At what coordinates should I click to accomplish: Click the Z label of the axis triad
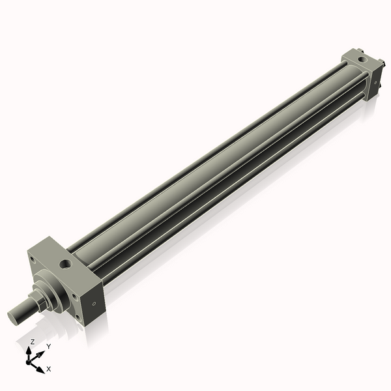[32, 341]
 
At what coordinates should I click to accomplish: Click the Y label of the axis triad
[48, 347]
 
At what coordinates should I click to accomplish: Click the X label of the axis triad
[48, 369]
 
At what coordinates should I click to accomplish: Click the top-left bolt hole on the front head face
[31, 259]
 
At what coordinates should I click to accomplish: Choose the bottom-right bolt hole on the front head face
[78, 319]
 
